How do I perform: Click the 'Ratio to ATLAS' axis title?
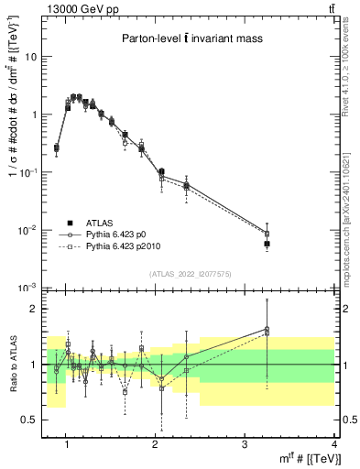(x=12, y=365)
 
